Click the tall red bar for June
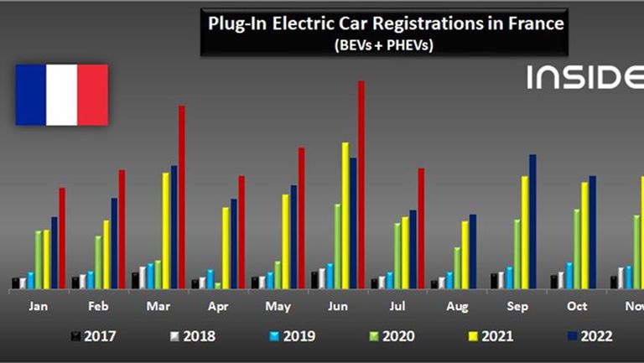[x=361, y=184]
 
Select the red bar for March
[x=182, y=197]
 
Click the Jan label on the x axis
[x=38, y=307]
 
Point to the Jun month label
[x=337, y=307]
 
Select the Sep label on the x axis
[x=517, y=307]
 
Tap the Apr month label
[x=217, y=307]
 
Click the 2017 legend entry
[x=93, y=337]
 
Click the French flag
[x=62, y=95]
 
